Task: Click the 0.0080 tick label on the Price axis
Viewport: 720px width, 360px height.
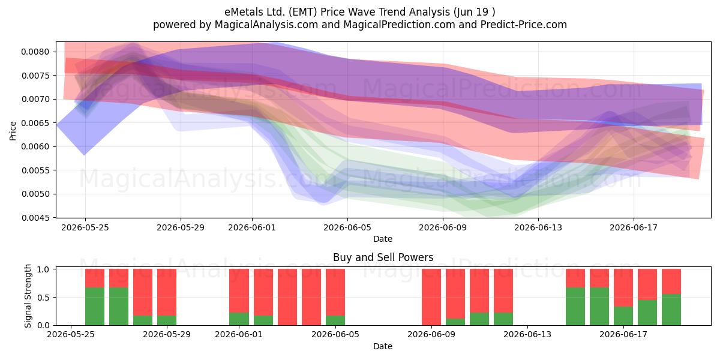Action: (35, 52)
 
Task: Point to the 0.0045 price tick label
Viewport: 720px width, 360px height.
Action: (35, 218)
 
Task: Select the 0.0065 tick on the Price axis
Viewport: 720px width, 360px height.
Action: (35, 123)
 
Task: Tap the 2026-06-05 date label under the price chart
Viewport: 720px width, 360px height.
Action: (347, 227)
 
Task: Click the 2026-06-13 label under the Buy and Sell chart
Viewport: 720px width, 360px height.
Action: (527, 334)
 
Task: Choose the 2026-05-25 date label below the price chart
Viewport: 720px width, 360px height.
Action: (85, 227)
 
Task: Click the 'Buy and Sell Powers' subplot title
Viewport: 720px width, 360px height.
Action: (383, 257)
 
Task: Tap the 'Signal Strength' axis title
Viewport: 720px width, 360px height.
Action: (28, 296)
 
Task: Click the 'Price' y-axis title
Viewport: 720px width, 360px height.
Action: (13, 131)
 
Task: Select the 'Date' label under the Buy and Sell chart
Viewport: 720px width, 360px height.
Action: (383, 346)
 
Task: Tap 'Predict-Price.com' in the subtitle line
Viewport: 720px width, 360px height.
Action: (524, 25)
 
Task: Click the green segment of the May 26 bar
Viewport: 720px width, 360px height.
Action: (95, 307)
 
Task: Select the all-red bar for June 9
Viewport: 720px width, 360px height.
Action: (431, 297)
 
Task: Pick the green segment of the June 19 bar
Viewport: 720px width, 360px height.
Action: (671, 310)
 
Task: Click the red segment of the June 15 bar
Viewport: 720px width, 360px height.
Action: (575, 278)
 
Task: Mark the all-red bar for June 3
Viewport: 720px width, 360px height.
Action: (287, 297)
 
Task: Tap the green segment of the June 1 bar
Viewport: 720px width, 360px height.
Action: (239, 319)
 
